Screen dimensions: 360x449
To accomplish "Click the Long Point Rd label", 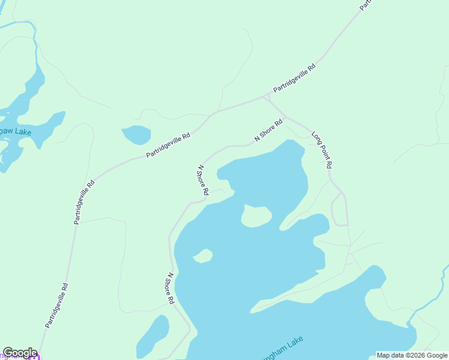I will coord(322,149).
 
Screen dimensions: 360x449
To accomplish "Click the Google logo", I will coord(20,353).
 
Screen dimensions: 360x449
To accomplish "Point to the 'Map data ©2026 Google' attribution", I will coord(412,355).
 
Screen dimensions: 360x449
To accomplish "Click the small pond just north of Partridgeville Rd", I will coord(136,134).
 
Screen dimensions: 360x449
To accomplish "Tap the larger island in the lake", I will coord(256,216).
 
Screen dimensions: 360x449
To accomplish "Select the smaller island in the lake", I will coord(203,256).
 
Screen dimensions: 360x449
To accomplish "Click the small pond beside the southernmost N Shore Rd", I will coord(153,336).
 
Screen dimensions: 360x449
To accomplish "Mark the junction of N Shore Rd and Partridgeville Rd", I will coord(266,96).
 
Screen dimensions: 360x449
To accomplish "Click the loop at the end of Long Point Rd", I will coord(340,209).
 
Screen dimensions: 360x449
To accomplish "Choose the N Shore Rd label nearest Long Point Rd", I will coord(268,130).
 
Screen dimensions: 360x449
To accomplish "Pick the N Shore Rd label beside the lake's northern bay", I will coord(203,180).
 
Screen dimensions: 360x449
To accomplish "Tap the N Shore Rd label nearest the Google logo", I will coord(170,288).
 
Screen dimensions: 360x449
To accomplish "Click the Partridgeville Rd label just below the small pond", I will coord(168,146).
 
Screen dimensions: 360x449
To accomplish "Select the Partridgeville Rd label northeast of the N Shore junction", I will coord(294,79).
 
